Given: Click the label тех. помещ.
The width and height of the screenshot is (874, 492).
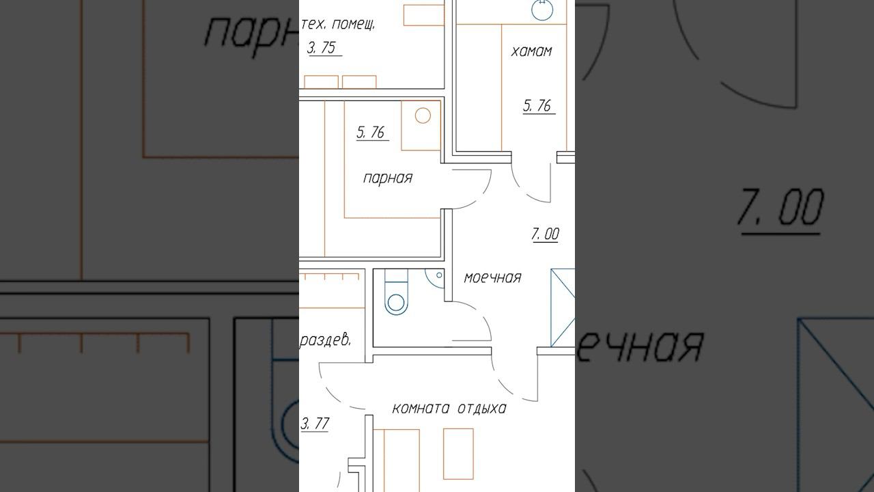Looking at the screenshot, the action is tap(338, 25).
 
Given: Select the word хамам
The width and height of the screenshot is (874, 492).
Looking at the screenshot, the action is tap(531, 51).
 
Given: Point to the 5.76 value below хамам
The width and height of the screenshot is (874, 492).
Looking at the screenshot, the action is tap(537, 105).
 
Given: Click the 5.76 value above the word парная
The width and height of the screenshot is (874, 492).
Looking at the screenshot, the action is tap(370, 132).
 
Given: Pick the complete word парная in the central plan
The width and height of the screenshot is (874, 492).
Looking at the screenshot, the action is tap(387, 178).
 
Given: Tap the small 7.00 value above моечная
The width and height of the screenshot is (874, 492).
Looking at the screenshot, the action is tap(545, 234).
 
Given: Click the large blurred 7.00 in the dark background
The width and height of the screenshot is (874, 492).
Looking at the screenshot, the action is tap(780, 207).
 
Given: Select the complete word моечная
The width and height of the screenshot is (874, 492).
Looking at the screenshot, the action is tap(492, 277).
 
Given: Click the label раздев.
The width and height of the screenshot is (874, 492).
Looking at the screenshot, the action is tap(326, 340).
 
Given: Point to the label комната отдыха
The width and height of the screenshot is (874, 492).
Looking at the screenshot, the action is tap(449, 409).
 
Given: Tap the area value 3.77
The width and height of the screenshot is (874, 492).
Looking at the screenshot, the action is tap(315, 424).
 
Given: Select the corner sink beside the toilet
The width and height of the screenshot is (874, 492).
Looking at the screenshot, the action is tap(436, 278).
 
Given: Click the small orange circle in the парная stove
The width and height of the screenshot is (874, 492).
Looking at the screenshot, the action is tap(423, 115).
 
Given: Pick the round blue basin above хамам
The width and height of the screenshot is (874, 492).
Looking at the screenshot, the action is tap(542, 10).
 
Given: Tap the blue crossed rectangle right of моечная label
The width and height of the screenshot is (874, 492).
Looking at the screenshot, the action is tap(563, 307).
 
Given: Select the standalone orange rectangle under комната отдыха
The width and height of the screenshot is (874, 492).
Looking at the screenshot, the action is tap(458, 454).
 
